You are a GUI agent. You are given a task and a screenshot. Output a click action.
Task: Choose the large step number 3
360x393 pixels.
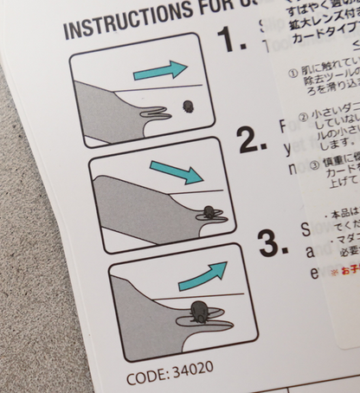coord(273,242)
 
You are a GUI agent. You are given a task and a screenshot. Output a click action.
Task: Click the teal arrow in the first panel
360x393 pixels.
coord(161,70)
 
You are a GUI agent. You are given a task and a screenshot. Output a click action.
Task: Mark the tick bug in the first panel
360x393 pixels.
coord(187,106)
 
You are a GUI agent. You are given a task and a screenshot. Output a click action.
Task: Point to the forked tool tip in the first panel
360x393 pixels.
coord(156,113)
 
